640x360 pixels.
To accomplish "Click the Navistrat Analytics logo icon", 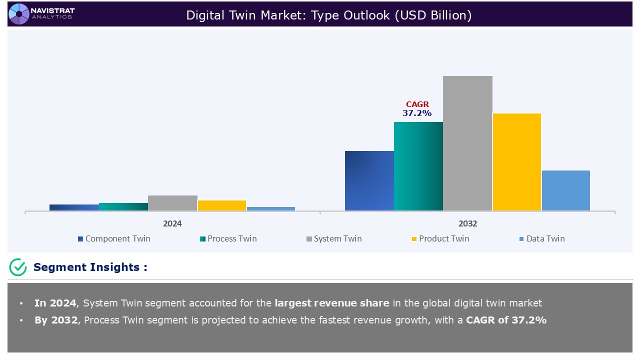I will coord(19,13).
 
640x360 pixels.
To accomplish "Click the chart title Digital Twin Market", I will coord(328,15).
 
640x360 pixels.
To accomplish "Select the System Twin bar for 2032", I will coord(467,143).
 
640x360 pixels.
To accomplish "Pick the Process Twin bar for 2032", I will coord(418,166).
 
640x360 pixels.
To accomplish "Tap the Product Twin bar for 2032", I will coord(516,161).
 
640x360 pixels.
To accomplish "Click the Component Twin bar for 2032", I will coord(369,180).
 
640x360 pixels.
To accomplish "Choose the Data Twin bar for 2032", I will coord(565,190).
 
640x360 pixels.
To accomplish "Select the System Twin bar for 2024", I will coord(172,203).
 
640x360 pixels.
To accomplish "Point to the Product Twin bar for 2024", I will coord(221,205).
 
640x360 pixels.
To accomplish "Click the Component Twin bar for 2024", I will coord(74,207).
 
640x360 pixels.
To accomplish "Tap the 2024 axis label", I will coord(172,223).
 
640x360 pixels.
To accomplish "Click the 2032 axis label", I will coord(467,223).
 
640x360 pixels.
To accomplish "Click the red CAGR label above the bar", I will coord(417,104).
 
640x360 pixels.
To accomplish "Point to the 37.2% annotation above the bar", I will coord(417,113).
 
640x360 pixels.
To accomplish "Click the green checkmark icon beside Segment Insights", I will coord(18,267).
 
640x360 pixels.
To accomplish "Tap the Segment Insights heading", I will coord(90,267).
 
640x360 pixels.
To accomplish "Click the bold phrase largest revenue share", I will coord(331,303).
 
